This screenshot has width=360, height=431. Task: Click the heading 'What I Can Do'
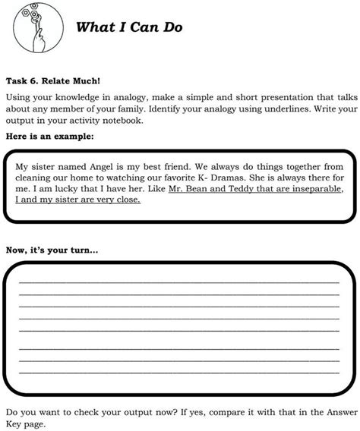(x=129, y=28)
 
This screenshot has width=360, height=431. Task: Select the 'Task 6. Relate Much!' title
(x=52, y=80)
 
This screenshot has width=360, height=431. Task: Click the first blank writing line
(x=179, y=282)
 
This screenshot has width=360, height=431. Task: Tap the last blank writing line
(x=179, y=373)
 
